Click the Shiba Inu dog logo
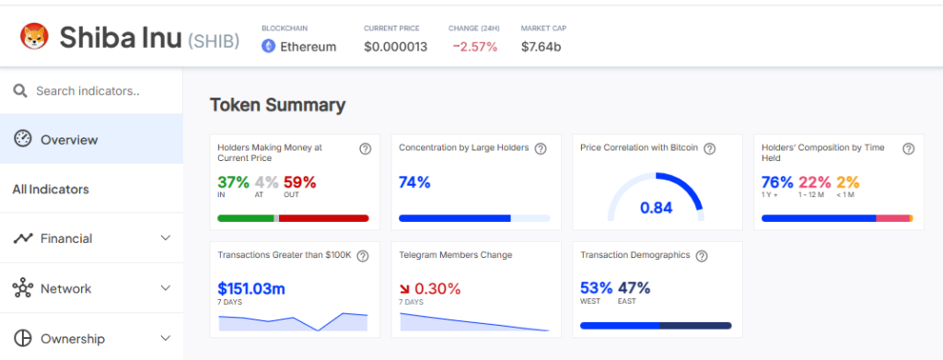(34, 37)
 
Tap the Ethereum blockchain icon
(268, 46)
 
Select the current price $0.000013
(395, 47)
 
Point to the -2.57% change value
(475, 47)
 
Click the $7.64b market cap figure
(541, 47)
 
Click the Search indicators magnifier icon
(20, 91)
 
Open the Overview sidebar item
(69, 140)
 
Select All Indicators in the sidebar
(51, 190)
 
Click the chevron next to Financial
(166, 238)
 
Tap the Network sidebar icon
(23, 288)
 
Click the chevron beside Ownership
(166, 339)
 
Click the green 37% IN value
(233, 181)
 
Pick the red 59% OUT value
(299, 181)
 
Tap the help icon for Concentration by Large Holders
(541, 148)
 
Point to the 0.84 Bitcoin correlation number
(656, 208)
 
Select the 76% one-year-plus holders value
(777, 181)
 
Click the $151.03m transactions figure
(251, 288)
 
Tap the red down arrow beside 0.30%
(405, 289)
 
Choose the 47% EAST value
(634, 288)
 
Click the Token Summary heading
(278, 105)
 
